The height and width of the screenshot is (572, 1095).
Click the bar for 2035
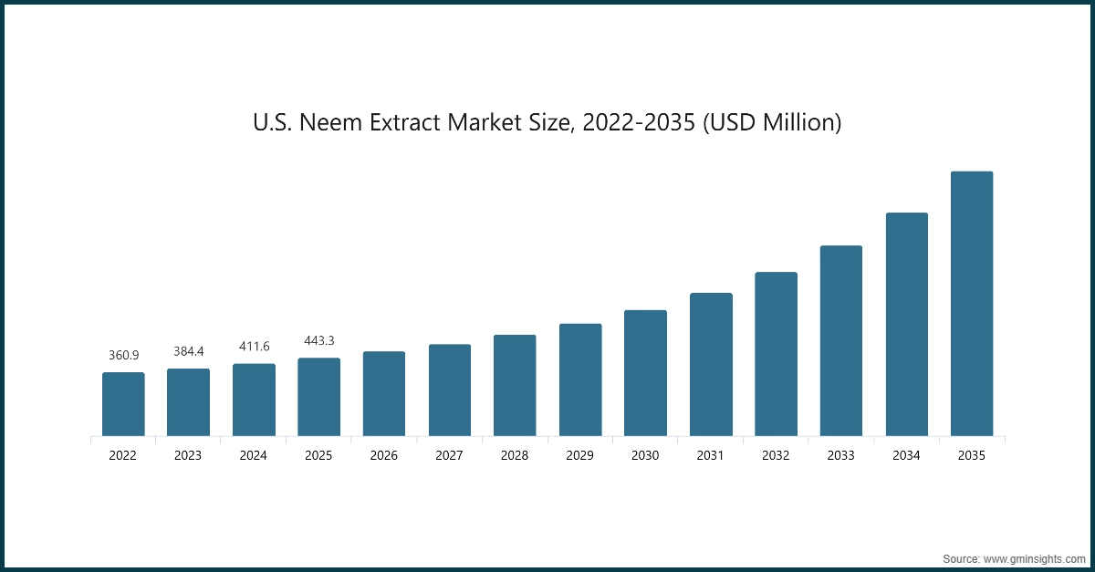coord(971,303)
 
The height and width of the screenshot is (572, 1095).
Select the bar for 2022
coord(123,404)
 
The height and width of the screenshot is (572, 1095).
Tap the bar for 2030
coord(645,373)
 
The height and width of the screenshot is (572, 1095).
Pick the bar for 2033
coord(840,340)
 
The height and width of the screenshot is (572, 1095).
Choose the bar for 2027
coord(450,390)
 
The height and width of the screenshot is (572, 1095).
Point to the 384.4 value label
coord(188,351)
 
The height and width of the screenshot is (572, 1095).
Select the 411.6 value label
coord(254,347)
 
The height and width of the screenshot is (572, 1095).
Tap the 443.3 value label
coord(319,341)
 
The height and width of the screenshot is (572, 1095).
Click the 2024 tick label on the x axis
coord(254,455)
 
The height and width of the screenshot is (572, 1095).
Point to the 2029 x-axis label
coord(580,455)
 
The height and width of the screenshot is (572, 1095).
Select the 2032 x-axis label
coord(776,455)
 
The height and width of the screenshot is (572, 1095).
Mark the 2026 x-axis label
coord(384,455)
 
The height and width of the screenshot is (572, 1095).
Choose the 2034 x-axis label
coord(906,455)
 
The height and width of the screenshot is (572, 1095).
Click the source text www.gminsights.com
coord(1034,556)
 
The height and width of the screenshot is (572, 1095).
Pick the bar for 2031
coord(711,364)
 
